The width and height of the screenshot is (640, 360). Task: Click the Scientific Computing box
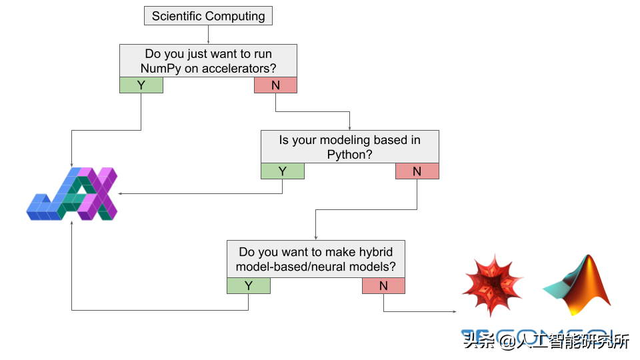(x=208, y=16)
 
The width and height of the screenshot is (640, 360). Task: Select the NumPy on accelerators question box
(x=208, y=61)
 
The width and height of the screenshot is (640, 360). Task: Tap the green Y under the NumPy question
(x=141, y=85)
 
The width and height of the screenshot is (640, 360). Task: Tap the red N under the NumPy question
(x=275, y=85)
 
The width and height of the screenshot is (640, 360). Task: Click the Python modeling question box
(x=349, y=147)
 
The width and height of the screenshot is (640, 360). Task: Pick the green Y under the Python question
(x=282, y=171)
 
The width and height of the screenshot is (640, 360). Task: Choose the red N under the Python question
(x=417, y=171)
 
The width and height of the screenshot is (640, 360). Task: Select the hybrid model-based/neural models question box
(x=315, y=259)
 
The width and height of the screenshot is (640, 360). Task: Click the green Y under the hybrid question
(x=248, y=286)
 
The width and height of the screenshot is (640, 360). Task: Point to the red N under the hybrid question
(x=383, y=286)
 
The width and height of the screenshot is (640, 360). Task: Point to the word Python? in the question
(x=349, y=155)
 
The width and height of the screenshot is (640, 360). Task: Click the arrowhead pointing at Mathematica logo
(x=455, y=311)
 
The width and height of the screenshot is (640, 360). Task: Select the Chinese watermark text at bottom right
(x=547, y=341)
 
